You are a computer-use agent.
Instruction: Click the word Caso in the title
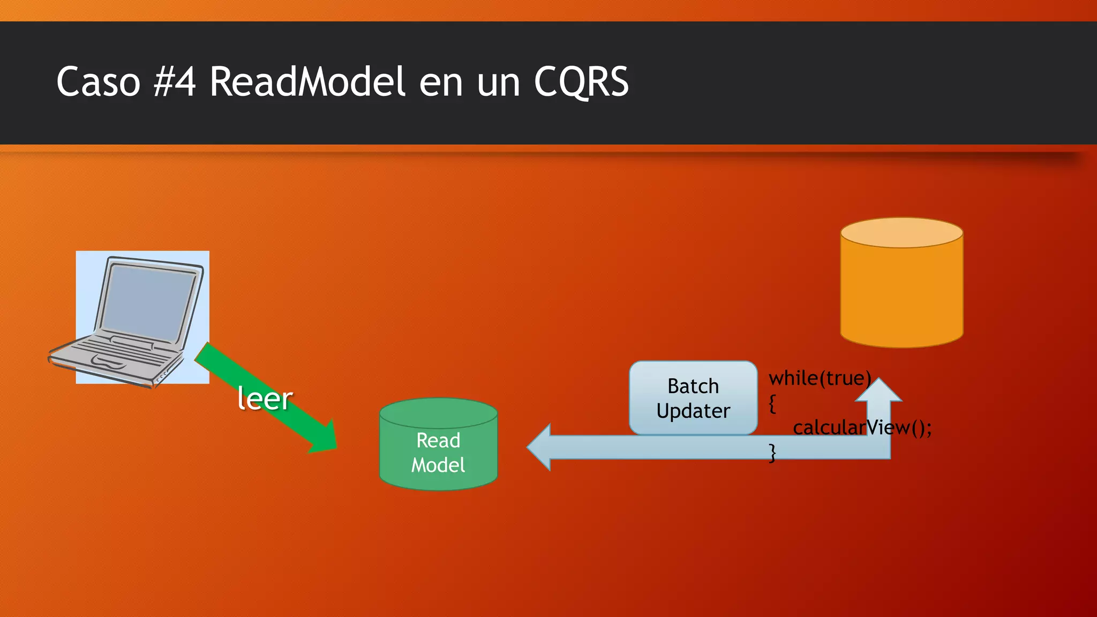pyautogui.click(x=98, y=82)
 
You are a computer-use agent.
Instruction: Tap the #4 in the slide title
pyautogui.click(x=175, y=82)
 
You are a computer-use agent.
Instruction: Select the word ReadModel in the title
pyautogui.click(x=307, y=82)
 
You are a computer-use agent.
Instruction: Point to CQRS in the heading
pyautogui.click(x=581, y=82)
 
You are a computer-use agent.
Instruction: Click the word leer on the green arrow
pyautogui.click(x=265, y=398)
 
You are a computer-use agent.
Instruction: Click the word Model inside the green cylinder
pyautogui.click(x=438, y=465)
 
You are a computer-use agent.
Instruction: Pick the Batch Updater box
pyautogui.click(x=693, y=397)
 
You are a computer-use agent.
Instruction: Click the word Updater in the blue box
pyautogui.click(x=693, y=411)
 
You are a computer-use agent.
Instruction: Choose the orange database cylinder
pyautogui.click(x=901, y=295)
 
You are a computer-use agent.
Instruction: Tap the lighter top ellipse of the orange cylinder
pyautogui.click(x=901, y=232)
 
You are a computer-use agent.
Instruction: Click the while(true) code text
pyautogui.click(x=820, y=378)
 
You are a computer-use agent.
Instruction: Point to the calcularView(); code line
pyautogui.click(x=862, y=427)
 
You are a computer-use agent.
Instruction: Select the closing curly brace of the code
pyautogui.click(x=772, y=453)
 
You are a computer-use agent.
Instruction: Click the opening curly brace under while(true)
pyautogui.click(x=772, y=403)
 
